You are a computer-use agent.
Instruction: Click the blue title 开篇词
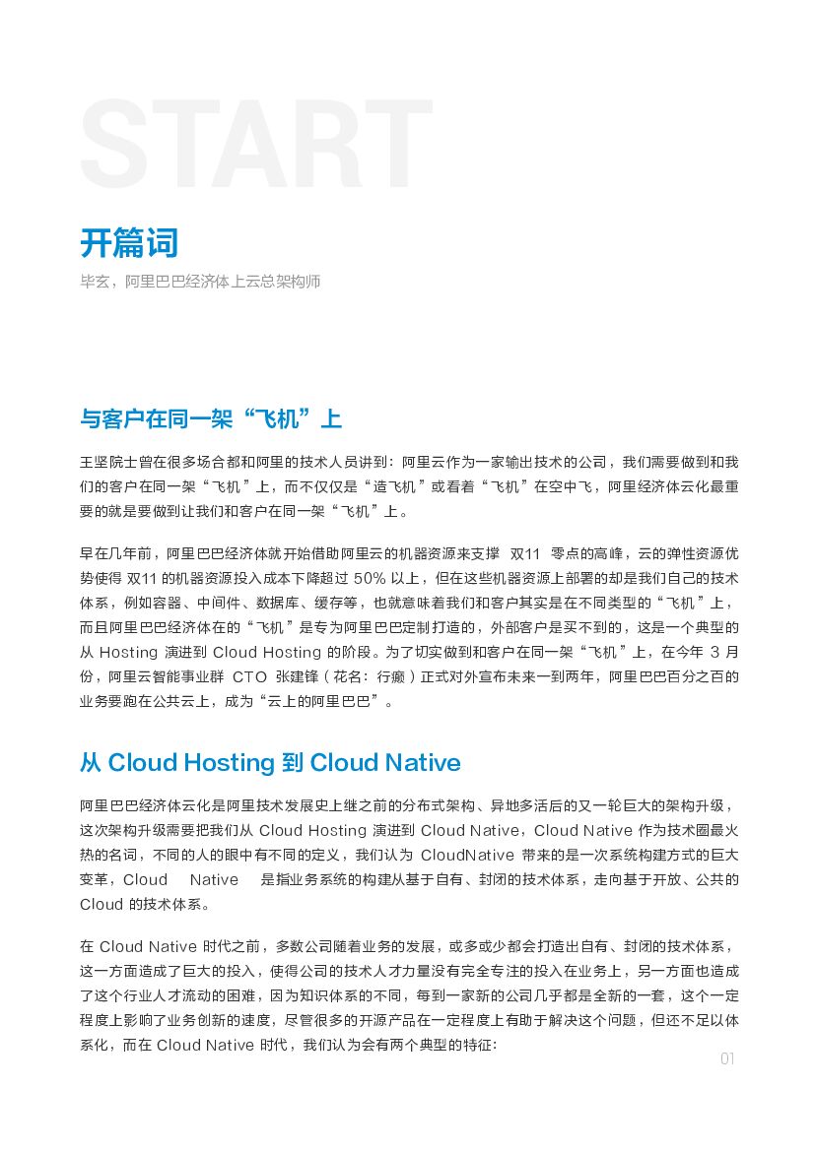[129, 242]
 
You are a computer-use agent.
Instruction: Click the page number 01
[727, 1059]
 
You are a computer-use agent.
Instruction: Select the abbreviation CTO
[250, 677]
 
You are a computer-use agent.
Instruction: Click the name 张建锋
[301, 677]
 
